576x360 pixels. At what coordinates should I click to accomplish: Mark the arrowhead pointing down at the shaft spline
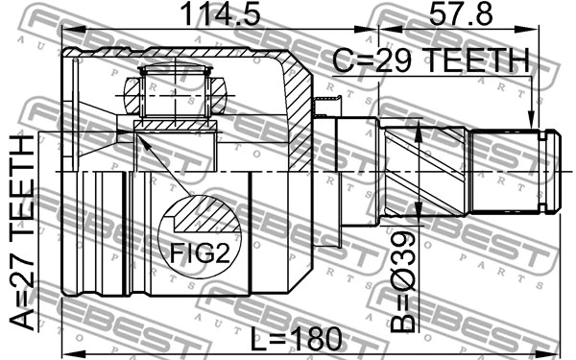pos(531,123)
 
